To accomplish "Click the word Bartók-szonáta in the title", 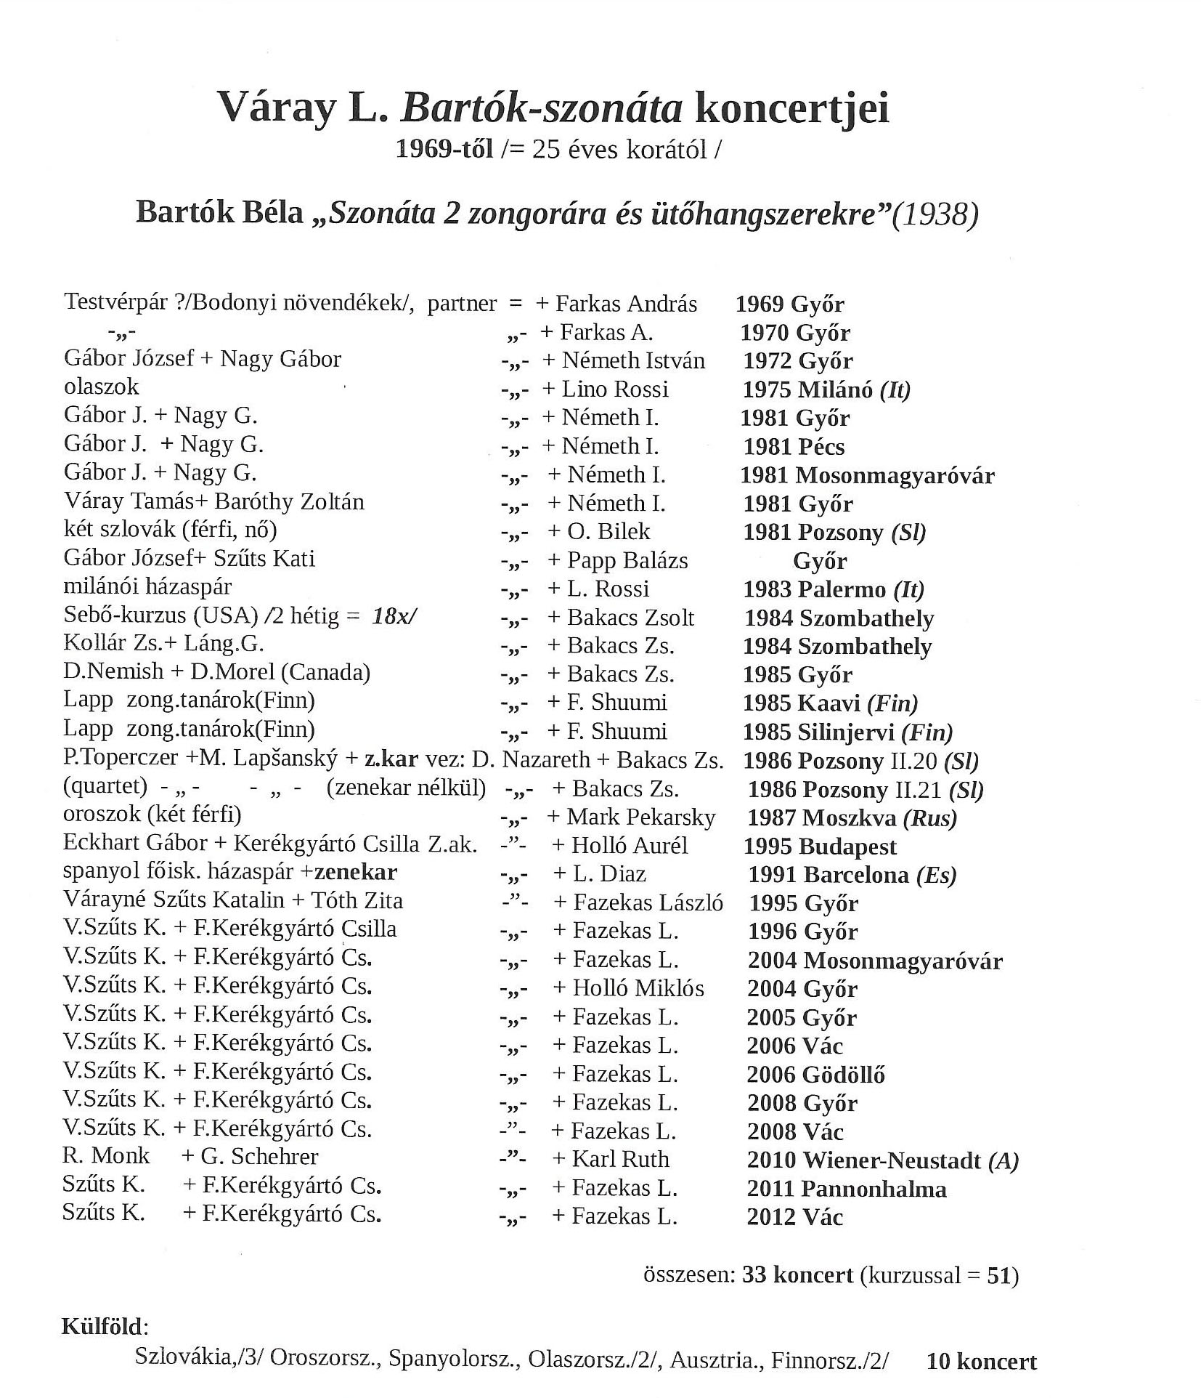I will (542, 109).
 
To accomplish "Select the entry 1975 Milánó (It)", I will (826, 390).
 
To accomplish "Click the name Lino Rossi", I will (614, 389).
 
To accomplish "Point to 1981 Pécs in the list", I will (794, 447).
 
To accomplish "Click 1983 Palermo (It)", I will (834, 589).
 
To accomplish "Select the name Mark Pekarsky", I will (641, 817).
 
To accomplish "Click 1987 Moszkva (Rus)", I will (852, 819).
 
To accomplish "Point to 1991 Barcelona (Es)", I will (852, 875).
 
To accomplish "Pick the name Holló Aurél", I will (630, 846).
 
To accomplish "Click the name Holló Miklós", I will (638, 989).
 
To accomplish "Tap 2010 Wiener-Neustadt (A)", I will (882, 1160).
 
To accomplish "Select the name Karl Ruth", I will (620, 1160).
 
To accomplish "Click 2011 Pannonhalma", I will (847, 1189).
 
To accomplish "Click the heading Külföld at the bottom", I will (104, 1328).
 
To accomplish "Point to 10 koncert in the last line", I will (981, 1362).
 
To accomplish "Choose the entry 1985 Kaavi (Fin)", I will (830, 703).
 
